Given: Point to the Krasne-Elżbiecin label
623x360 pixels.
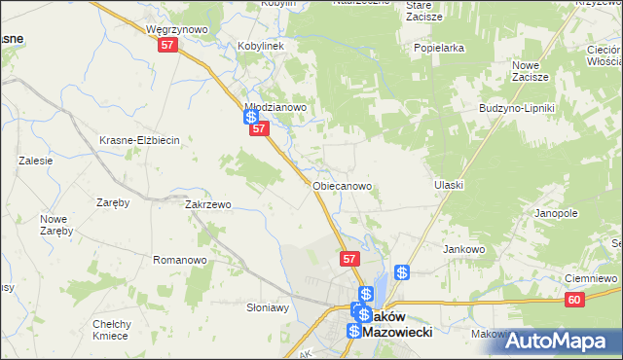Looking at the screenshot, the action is point(140,140).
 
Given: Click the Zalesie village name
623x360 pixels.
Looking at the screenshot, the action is point(34,162).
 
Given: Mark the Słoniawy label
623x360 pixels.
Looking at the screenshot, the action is point(268,306).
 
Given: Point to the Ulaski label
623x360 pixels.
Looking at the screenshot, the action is point(449,185).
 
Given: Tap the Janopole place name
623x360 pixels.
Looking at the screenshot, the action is point(556,212).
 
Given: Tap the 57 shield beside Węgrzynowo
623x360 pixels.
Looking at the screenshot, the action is point(167,46).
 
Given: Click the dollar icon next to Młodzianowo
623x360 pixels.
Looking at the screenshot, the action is point(250,117).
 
